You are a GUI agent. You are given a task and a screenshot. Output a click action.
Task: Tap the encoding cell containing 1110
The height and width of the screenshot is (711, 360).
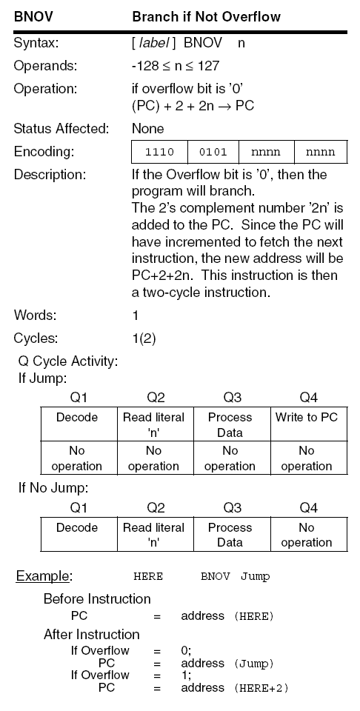(x=160, y=153)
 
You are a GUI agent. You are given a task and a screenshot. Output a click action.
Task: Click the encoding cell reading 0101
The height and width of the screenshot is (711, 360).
(x=213, y=153)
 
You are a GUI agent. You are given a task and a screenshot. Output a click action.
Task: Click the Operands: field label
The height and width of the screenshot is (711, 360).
(x=45, y=66)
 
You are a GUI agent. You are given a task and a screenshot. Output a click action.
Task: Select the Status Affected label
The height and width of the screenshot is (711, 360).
(x=61, y=129)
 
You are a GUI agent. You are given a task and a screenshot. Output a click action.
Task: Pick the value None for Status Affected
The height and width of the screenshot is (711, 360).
(x=148, y=129)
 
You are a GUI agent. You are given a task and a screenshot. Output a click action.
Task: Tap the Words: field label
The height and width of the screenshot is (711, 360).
(x=35, y=316)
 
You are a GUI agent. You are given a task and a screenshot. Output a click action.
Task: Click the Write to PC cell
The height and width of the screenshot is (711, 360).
(x=306, y=418)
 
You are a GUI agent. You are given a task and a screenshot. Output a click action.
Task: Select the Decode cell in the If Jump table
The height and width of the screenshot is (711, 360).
(x=77, y=418)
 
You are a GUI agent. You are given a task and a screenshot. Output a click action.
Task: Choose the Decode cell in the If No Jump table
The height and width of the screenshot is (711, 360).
(x=77, y=528)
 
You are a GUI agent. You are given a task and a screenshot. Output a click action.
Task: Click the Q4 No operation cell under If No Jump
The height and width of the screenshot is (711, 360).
(x=306, y=535)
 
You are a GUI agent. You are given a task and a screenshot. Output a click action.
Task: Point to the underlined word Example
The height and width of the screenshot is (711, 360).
(x=44, y=576)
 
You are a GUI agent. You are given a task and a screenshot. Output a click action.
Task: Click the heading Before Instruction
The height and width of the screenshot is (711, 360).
(x=97, y=598)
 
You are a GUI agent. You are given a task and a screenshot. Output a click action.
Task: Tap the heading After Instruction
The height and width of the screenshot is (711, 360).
(x=92, y=635)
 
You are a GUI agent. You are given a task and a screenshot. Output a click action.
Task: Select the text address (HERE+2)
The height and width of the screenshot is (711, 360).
(x=234, y=688)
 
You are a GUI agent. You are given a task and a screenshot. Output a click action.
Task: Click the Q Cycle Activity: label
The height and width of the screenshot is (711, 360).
(x=67, y=362)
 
